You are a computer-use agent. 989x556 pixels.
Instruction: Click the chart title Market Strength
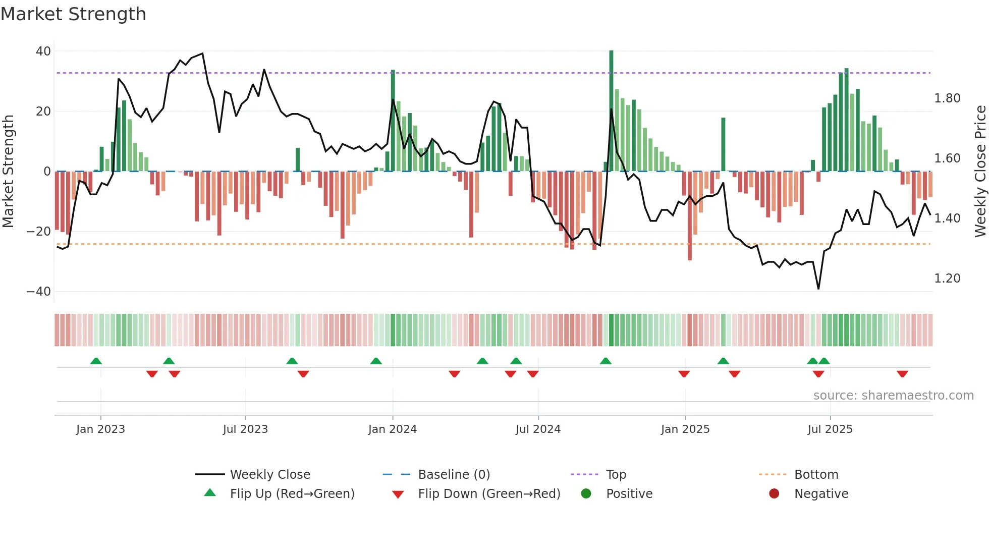click(x=73, y=14)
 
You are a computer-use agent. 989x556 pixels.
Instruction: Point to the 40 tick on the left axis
click(x=43, y=51)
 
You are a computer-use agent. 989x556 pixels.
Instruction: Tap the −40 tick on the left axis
click(x=39, y=291)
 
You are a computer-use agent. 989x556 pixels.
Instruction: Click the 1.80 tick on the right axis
click(x=947, y=98)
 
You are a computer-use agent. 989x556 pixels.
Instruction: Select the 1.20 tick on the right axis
click(x=947, y=279)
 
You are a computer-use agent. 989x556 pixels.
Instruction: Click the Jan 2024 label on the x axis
click(x=393, y=429)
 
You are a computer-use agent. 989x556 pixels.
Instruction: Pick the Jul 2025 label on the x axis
click(x=830, y=429)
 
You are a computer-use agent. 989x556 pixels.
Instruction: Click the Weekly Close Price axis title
click(x=980, y=172)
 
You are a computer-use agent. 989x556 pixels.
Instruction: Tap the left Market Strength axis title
click(x=8, y=172)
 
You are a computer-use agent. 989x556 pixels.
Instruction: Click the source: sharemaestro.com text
click(x=893, y=396)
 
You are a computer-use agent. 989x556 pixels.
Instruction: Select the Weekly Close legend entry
click(x=270, y=475)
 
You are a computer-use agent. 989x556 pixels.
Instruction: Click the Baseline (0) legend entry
click(x=454, y=475)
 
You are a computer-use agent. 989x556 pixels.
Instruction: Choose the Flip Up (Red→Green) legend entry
click(x=292, y=494)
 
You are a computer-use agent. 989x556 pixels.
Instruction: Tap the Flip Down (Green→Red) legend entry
click(x=489, y=494)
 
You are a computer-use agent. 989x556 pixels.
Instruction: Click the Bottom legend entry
click(x=816, y=475)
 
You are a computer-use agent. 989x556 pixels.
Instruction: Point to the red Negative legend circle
click(x=774, y=493)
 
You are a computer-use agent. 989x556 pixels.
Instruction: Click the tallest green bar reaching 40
click(x=611, y=111)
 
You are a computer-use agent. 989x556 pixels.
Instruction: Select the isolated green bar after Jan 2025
click(x=723, y=144)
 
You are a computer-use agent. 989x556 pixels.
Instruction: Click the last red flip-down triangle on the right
click(x=902, y=374)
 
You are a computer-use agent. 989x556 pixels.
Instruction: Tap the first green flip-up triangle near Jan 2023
click(x=96, y=361)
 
